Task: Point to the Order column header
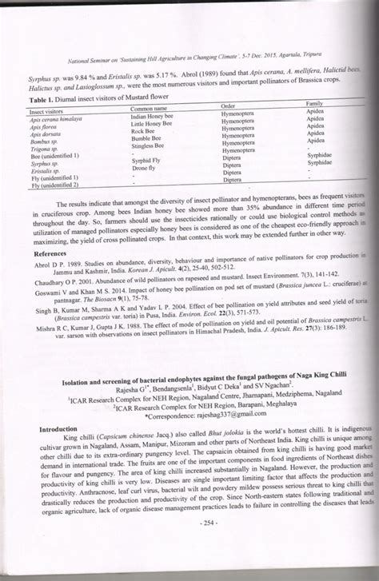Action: pos(228,105)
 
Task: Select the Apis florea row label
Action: pos(43,127)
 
